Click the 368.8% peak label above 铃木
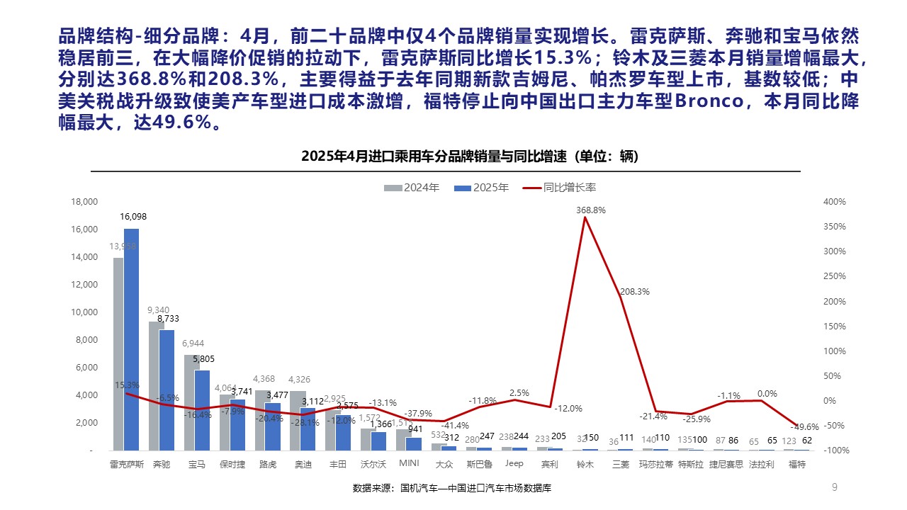click(591, 210)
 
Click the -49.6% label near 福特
click(804, 427)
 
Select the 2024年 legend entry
click(412, 188)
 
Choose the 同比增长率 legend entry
click(559, 188)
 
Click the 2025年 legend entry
click(482, 188)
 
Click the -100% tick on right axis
click(834, 450)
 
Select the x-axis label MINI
click(410, 464)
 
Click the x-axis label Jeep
click(514, 464)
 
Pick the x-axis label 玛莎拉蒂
click(655, 465)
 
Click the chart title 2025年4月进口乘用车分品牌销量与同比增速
click(470, 157)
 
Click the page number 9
click(834, 487)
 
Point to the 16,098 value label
click(133, 217)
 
